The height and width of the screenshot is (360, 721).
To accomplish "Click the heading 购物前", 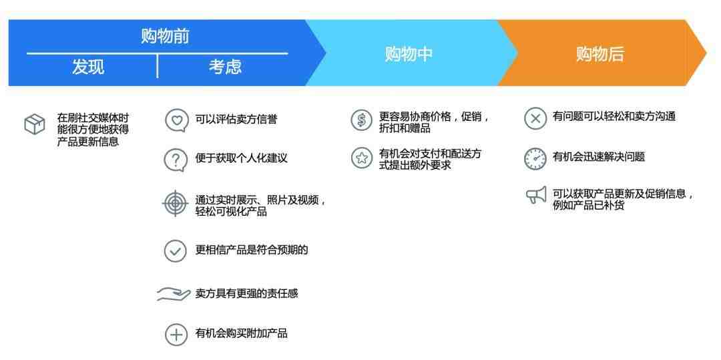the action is pos(165,36).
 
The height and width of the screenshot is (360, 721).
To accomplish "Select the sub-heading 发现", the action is pos(88,67).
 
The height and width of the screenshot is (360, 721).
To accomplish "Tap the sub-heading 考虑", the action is pos(225,67).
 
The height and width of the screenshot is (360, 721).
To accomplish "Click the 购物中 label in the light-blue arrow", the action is pos(409,54).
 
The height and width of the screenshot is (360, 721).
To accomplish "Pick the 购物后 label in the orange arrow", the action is pos(599,54).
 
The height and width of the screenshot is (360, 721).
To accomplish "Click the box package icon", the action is pos(35,124).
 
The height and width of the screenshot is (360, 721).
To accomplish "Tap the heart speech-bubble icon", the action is pos(176,120).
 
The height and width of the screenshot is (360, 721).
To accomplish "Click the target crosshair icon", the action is pos(175,203).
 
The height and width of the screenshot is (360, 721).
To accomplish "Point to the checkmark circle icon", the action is pos(175,251).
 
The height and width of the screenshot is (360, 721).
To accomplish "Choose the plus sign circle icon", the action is pos(176,334).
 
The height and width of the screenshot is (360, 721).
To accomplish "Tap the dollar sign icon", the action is pos(361,120).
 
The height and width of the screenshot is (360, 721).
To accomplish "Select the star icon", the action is pos(361,158).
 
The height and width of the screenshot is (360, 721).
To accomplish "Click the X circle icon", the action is pos(535,118).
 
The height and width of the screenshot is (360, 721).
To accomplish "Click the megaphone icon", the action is pos(536,196).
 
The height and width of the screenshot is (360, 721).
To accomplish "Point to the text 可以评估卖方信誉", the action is pos(236,120).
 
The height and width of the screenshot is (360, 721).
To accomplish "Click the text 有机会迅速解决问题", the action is pos(599,157).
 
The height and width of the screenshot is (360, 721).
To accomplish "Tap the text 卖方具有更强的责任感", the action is pos(246,293).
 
